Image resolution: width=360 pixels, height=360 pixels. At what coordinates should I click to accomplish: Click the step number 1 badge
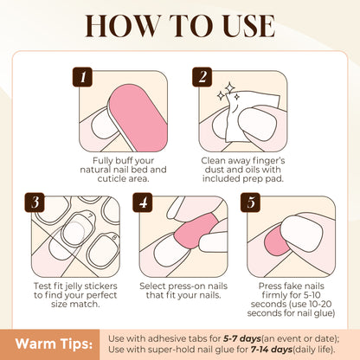[x=82, y=77]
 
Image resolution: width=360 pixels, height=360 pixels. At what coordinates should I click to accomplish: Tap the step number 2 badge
[x=202, y=77]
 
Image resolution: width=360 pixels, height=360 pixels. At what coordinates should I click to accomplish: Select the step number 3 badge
[x=35, y=202]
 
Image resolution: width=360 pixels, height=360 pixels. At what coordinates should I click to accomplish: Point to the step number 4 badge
[x=143, y=202]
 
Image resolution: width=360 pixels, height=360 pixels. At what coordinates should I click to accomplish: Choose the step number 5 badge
[x=250, y=202]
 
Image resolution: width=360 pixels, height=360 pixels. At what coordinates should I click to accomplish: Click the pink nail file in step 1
[x=137, y=117]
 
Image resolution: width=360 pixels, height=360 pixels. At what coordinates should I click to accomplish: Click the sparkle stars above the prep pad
[x=228, y=93]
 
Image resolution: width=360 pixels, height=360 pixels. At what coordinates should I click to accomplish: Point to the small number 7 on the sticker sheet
[x=90, y=215]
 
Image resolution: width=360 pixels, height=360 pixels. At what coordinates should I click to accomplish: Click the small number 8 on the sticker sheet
[x=114, y=238]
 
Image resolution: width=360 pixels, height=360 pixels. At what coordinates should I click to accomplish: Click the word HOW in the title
[x=122, y=26]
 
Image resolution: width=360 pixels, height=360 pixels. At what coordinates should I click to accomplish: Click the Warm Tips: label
[x=54, y=344]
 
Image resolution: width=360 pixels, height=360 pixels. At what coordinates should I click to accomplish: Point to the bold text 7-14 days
[x=272, y=350]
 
